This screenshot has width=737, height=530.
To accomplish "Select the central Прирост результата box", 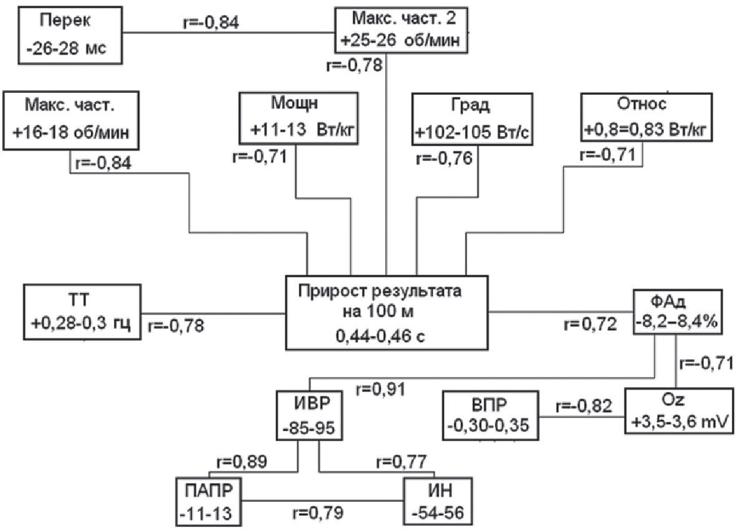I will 386,312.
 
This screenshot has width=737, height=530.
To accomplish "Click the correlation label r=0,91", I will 380,390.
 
